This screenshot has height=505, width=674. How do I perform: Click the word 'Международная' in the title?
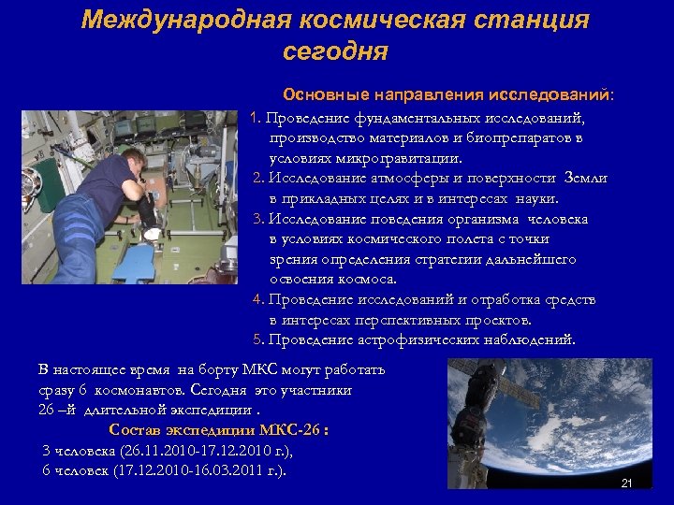[x=187, y=20]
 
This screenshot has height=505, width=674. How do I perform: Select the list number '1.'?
[x=257, y=119]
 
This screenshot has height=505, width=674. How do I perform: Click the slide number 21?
[x=626, y=483]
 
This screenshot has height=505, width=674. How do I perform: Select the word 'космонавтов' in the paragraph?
[x=154, y=390]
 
